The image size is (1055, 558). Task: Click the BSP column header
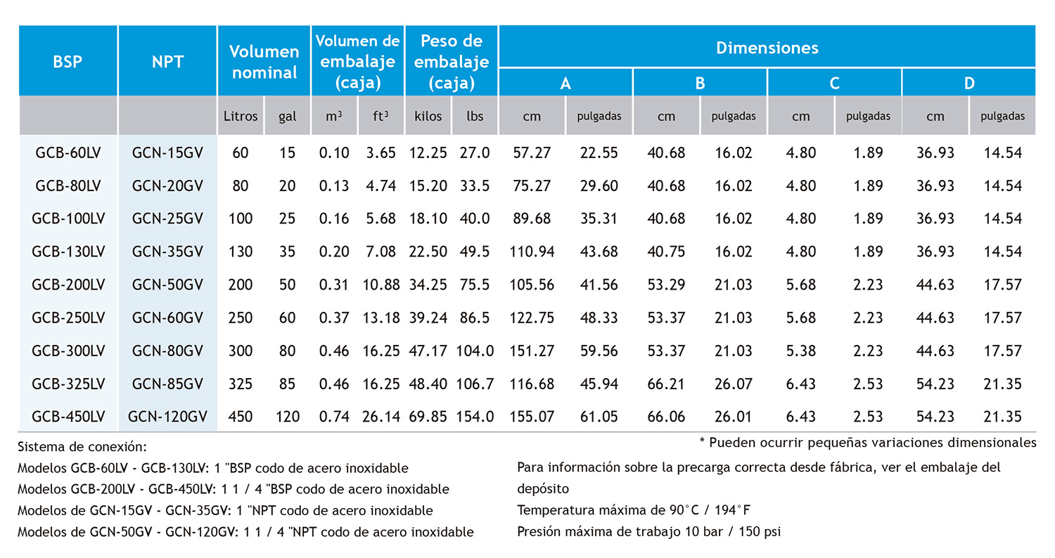[x=68, y=61]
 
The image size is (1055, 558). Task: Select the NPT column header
[x=167, y=61]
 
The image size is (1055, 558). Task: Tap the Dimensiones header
[x=767, y=48]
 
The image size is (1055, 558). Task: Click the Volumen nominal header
[x=264, y=62]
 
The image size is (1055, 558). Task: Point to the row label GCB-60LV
[x=68, y=153]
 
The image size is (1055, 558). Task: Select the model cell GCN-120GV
[x=167, y=417]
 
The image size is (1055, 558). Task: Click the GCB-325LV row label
[x=68, y=384]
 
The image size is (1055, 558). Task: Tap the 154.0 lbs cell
[x=475, y=417]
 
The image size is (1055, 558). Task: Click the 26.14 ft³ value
[x=381, y=417]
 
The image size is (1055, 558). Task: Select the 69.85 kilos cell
[x=428, y=417]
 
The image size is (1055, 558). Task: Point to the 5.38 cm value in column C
[x=801, y=351]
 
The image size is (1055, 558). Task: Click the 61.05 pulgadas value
[x=599, y=417]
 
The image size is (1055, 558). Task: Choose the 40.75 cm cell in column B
[x=665, y=252]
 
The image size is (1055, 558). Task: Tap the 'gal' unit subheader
[x=287, y=117]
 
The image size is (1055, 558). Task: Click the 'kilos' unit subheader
[x=428, y=117]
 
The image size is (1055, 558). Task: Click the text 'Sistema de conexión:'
[x=82, y=446]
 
